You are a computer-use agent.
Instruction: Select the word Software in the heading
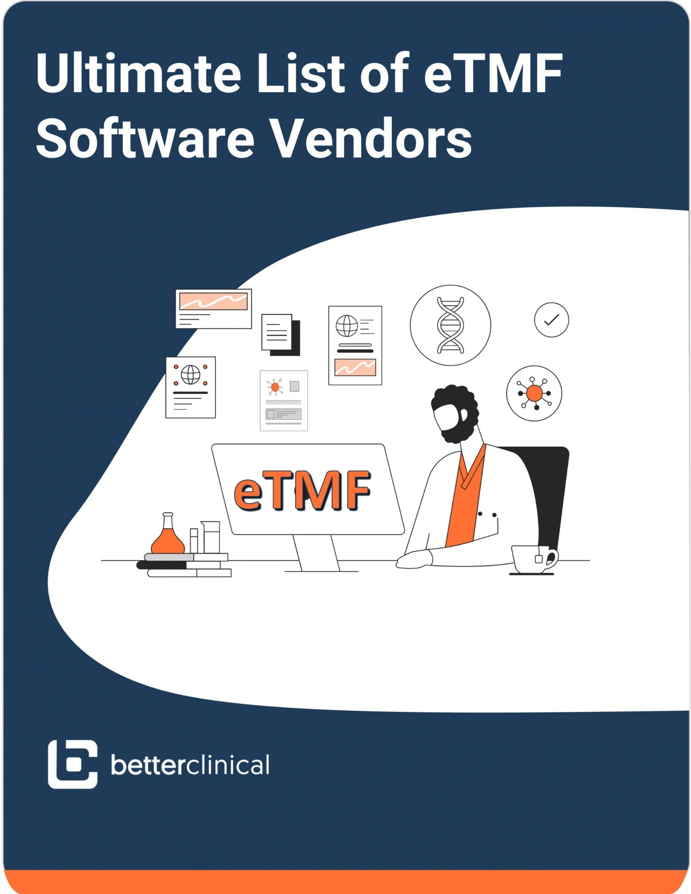click(x=145, y=139)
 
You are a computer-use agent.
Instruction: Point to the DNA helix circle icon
click(x=450, y=325)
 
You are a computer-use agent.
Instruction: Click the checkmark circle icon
click(x=551, y=320)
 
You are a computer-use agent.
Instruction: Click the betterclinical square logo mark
click(x=72, y=764)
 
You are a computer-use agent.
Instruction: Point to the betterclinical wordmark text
click(x=190, y=765)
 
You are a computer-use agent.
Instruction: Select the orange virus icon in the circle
click(x=534, y=393)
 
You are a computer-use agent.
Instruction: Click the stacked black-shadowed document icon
click(x=280, y=334)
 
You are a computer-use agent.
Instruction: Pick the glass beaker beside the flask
click(x=211, y=536)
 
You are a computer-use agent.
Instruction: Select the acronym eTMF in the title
click(x=493, y=73)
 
